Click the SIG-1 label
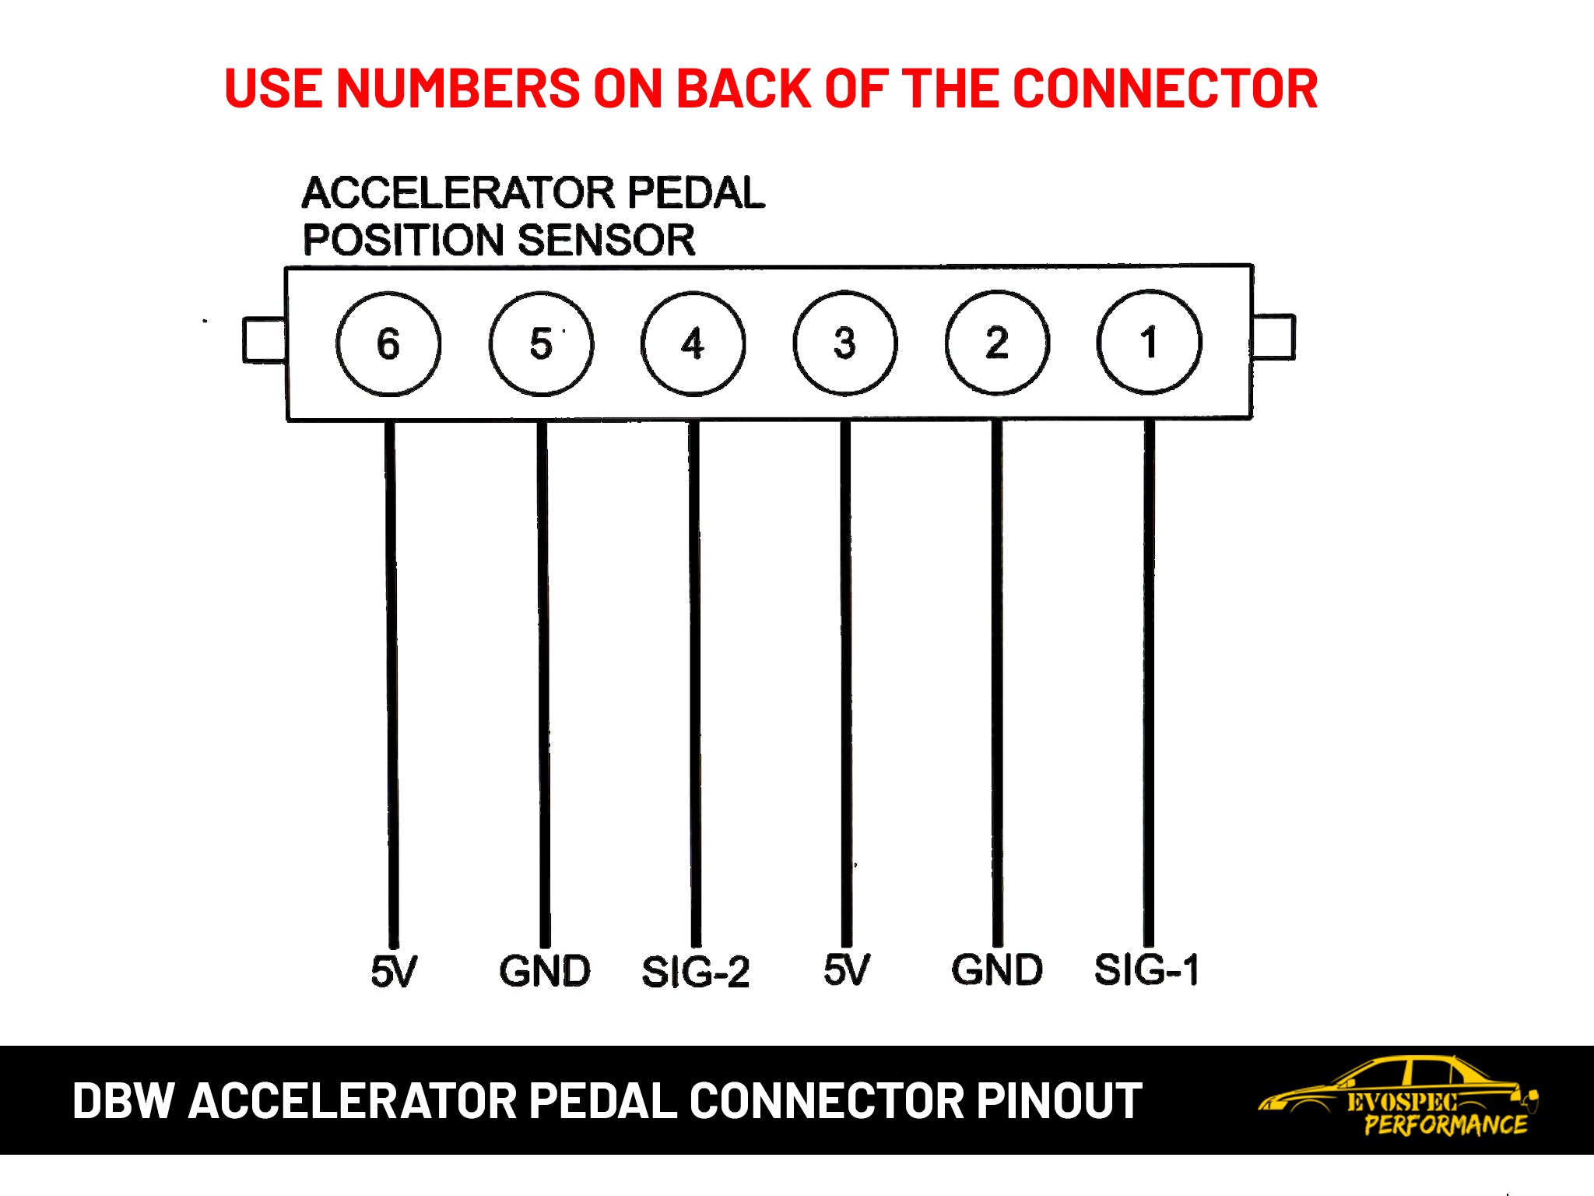click(1146, 969)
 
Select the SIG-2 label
click(695, 972)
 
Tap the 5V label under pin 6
click(394, 971)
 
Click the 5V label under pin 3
click(847, 969)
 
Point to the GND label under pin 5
click(545, 971)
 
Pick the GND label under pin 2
click(997, 969)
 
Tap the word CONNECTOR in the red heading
click(1165, 88)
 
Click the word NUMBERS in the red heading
click(458, 88)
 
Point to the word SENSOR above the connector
click(606, 240)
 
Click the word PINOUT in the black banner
click(1059, 1100)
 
